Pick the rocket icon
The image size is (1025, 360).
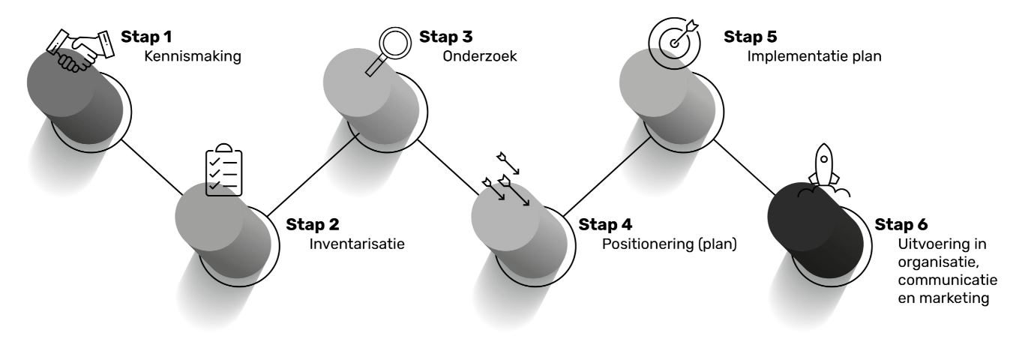(x=823, y=169)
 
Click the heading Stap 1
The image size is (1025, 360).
(x=148, y=36)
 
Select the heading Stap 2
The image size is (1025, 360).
(x=312, y=224)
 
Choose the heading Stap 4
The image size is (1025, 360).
(x=604, y=224)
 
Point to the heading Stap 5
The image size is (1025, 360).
(x=750, y=36)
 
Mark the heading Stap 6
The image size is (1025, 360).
(x=901, y=224)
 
